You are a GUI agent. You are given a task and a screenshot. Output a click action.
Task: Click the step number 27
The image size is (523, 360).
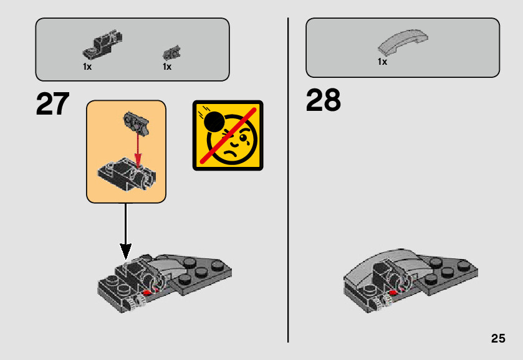tap(52, 104)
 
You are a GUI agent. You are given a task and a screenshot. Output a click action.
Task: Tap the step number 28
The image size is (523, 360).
tap(323, 100)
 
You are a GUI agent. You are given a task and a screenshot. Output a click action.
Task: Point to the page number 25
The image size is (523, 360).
tap(497, 339)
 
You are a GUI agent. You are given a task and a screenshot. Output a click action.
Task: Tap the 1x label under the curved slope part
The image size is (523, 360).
tap(382, 62)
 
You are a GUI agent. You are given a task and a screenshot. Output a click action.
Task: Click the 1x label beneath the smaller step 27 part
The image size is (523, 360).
tap(167, 67)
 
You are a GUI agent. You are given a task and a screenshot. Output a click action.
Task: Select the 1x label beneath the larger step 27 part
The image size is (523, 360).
tap(87, 67)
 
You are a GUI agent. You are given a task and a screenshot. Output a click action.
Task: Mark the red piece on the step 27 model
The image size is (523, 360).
tap(148, 290)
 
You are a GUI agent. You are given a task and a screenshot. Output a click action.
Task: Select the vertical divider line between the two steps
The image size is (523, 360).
tap(288, 181)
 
